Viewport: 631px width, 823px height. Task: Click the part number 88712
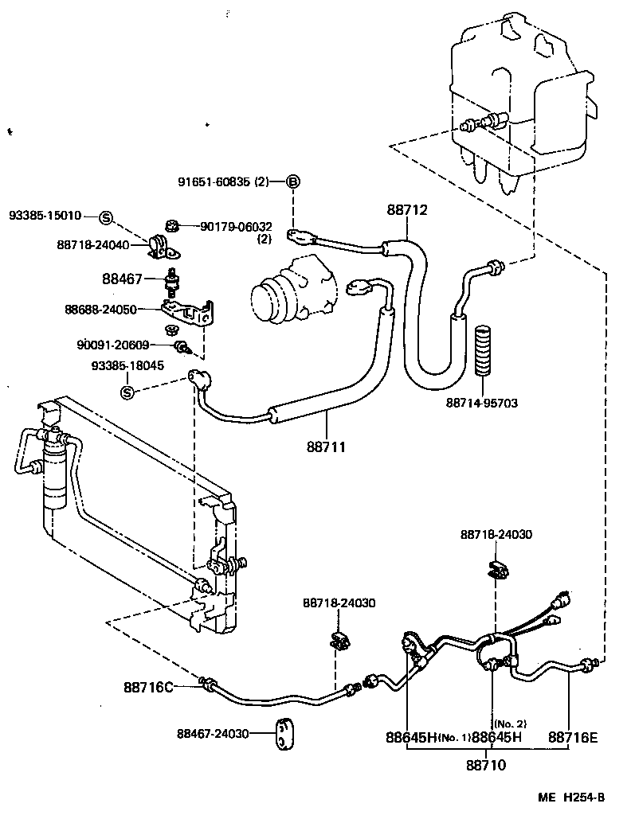pos(407,210)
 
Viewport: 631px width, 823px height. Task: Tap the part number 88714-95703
pos(481,403)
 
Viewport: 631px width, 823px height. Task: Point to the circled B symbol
pos(292,182)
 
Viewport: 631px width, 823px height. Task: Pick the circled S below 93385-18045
pos(126,392)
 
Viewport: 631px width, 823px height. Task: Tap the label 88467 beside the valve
pos(122,279)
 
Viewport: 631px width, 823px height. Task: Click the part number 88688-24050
pos(100,309)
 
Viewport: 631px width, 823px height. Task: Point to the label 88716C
pos(148,686)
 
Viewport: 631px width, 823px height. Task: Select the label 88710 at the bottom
pos(485,766)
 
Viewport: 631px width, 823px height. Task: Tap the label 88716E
pos(572,737)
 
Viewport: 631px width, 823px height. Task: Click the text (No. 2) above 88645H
pos(510,724)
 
